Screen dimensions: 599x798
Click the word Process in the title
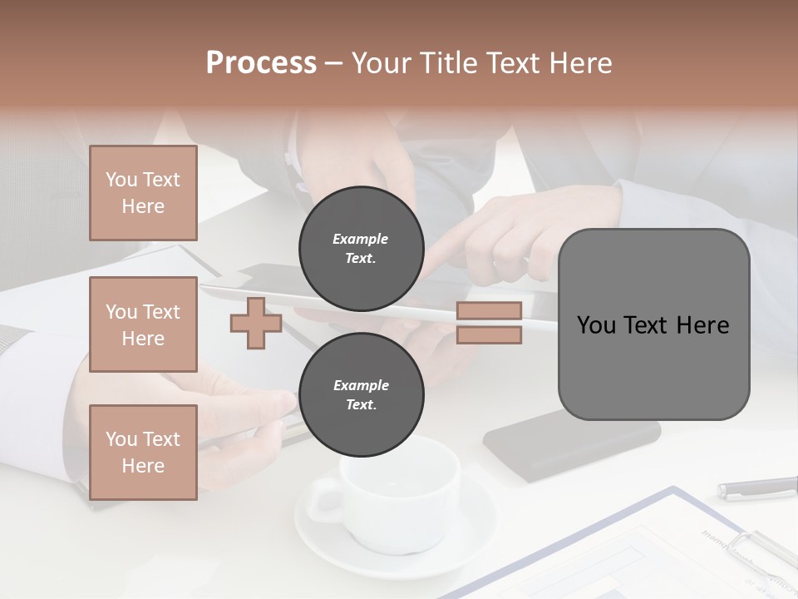261,63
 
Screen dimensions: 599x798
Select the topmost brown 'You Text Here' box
143,193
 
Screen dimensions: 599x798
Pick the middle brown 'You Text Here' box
143,324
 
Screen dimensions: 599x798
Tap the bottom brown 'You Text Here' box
143,452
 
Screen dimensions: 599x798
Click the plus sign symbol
256,323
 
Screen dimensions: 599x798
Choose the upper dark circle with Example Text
361,248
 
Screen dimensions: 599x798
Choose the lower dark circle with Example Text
361,394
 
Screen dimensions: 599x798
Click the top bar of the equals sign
489,310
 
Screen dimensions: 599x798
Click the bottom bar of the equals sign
489,335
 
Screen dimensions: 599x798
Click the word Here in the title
579,63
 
